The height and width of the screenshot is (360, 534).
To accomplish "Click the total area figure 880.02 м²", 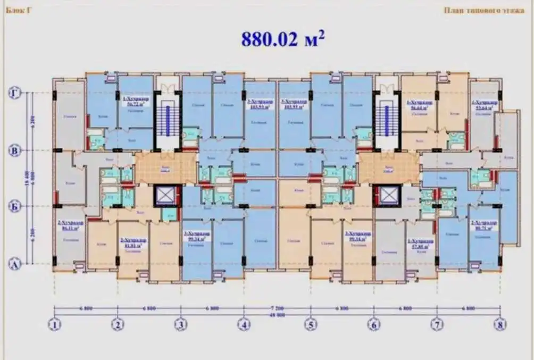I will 282,39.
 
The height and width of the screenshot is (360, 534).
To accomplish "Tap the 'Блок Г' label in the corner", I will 16,10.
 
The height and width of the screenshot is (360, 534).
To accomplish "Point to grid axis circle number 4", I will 244,324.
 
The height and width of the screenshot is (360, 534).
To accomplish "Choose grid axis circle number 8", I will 499,324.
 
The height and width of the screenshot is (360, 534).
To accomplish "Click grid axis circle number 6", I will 374,324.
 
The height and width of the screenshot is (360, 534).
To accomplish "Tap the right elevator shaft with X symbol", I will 387,196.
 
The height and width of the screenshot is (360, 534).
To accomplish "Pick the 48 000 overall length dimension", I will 276,315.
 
